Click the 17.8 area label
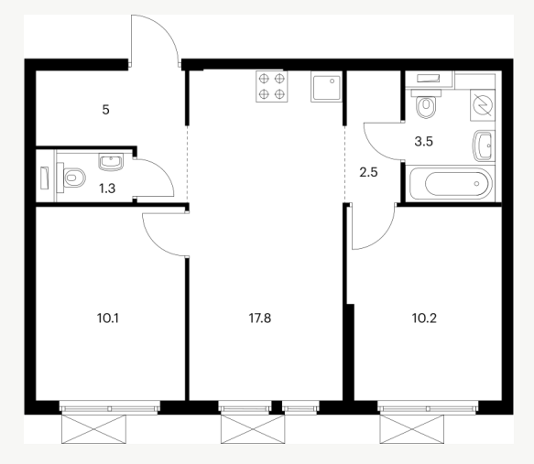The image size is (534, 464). [x=260, y=318]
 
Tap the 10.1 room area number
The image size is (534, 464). [x=107, y=318]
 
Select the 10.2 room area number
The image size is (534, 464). [x=424, y=318]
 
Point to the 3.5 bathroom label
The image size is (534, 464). [x=424, y=141]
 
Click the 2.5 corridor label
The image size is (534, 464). [x=368, y=172]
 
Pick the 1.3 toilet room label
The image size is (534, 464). [x=107, y=189]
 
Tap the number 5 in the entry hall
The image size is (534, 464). [x=105, y=110]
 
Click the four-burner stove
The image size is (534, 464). [x=272, y=86]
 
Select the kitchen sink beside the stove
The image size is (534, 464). [x=326, y=87]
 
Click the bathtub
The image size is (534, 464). [x=452, y=184]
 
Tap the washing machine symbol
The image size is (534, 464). [x=482, y=105]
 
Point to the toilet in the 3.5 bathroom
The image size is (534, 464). [x=426, y=103]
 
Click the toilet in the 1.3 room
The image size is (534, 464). [x=71, y=178]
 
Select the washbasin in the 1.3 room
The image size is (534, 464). [x=111, y=162]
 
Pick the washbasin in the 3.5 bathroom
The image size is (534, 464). [x=484, y=146]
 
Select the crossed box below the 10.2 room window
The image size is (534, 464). [x=412, y=429]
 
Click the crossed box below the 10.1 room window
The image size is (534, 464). [x=93, y=429]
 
